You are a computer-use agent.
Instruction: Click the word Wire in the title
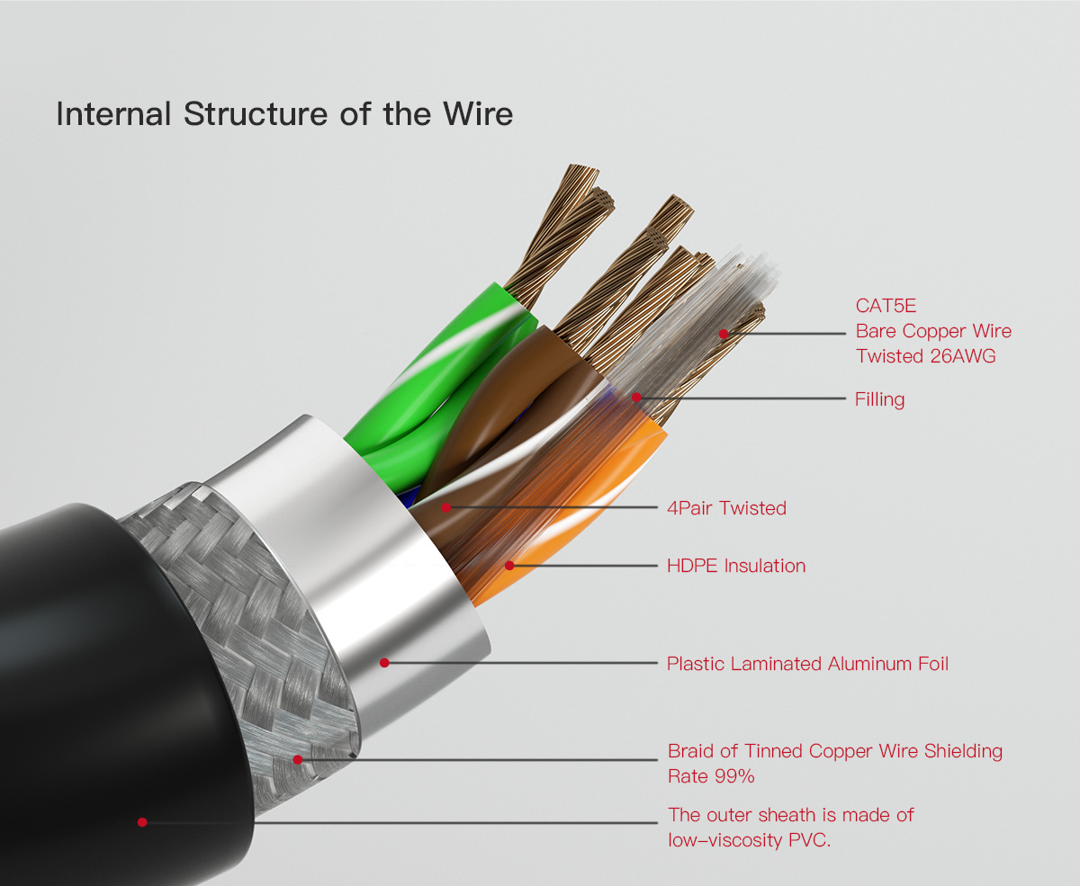coord(478,113)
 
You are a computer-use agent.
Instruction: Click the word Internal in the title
coord(113,113)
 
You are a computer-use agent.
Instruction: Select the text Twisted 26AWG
coord(926,355)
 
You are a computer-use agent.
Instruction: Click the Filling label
coord(880,399)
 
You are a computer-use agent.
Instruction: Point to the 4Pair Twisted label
coord(726,507)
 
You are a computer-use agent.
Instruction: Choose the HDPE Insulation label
coord(736,566)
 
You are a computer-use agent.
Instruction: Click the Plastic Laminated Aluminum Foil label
coord(807,664)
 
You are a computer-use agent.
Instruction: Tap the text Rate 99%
coord(711,776)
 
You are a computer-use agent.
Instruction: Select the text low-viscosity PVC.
coord(749,840)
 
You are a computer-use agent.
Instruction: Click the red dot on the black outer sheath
coord(142,822)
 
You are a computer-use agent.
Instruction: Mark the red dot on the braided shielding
coord(298,759)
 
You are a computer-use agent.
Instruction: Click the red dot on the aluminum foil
coord(384,663)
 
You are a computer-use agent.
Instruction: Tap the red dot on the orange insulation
coord(509,566)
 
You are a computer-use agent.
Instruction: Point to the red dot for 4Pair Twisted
coord(446,507)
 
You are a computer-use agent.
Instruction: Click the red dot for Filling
coord(636,398)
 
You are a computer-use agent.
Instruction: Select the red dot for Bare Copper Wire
coord(724,334)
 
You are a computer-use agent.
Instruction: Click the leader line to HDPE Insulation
coord(584,566)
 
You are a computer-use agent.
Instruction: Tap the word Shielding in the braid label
coord(963,751)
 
